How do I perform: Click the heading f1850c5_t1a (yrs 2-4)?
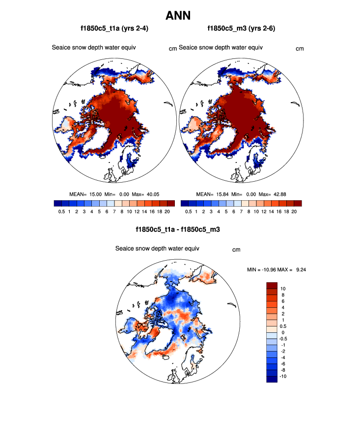pos(114,29)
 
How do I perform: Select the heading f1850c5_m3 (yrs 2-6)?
pos(241,29)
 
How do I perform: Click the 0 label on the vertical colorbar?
pos(282,332)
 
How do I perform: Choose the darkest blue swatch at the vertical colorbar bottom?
pos(272,378)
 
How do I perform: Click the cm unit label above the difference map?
pos(236,250)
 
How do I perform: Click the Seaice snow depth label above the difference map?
pos(157,248)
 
